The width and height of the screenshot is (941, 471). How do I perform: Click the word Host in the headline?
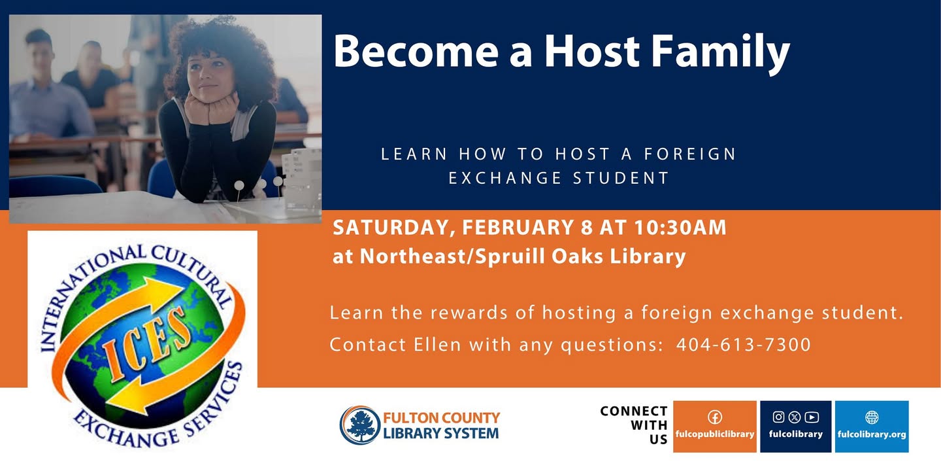(x=592, y=50)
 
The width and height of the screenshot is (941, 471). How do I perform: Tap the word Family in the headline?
(x=721, y=53)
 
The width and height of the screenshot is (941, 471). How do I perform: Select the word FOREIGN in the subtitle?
(x=690, y=154)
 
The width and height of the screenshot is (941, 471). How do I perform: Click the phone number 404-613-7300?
(x=744, y=345)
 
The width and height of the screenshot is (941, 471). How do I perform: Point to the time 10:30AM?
(x=680, y=228)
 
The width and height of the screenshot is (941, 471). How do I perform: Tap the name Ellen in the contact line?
(x=438, y=344)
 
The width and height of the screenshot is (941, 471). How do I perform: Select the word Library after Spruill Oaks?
(x=648, y=257)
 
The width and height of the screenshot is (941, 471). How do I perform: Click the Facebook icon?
(x=715, y=417)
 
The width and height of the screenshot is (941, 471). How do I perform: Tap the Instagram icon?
(x=778, y=417)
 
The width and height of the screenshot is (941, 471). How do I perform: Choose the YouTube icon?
(x=812, y=417)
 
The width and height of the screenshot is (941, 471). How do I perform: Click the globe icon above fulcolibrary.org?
(x=872, y=417)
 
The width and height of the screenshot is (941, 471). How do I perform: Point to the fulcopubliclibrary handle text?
(x=715, y=434)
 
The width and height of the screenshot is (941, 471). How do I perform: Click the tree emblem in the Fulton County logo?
(x=359, y=425)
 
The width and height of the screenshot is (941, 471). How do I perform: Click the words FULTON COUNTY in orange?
(x=441, y=417)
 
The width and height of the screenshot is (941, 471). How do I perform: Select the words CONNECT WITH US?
(x=634, y=425)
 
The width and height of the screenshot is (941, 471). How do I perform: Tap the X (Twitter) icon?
(x=795, y=417)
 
